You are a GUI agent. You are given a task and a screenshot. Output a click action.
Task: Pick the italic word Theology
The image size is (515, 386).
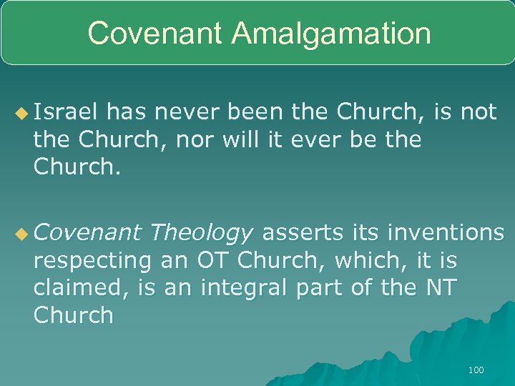(202, 232)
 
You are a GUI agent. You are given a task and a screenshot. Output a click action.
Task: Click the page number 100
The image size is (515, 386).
(475, 370)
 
